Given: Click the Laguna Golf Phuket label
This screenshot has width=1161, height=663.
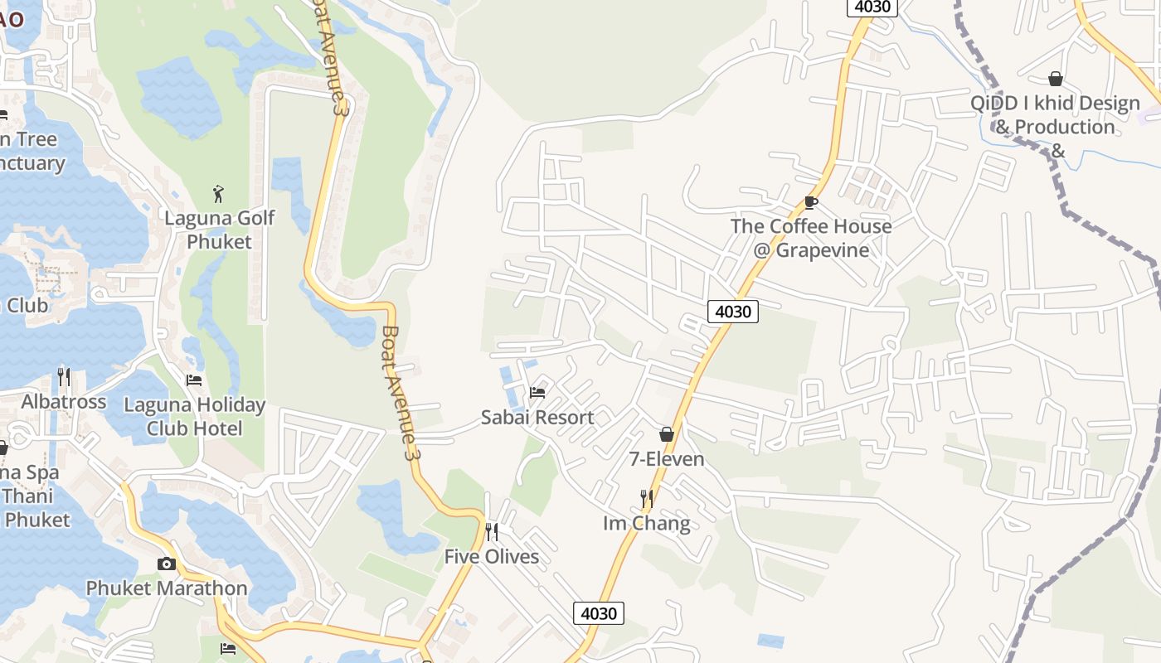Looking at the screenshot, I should [x=219, y=230].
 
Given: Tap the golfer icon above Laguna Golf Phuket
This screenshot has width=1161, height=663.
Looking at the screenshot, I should [x=218, y=194].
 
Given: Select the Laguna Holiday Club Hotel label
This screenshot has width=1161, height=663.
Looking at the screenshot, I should [x=194, y=417].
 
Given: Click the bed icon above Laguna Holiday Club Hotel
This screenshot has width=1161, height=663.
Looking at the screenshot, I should [x=194, y=380].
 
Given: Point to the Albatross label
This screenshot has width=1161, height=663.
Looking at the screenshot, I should [x=64, y=402].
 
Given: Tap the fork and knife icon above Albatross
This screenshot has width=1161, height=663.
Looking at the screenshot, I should [x=64, y=377].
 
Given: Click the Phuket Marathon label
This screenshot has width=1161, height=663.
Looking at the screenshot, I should [x=167, y=588].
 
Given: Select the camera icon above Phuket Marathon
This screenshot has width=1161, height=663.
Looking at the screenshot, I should [x=167, y=564].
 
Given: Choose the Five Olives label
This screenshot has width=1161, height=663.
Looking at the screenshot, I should [x=492, y=557].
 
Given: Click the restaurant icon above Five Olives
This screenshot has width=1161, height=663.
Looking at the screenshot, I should [x=492, y=531].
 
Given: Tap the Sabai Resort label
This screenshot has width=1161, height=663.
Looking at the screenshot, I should [x=537, y=418].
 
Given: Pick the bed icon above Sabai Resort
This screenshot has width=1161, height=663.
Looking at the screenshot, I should [x=537, y=392].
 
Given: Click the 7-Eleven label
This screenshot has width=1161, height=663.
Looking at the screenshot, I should [x=667, y=459].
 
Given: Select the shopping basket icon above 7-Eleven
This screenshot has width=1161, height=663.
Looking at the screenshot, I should [x=667, y=434].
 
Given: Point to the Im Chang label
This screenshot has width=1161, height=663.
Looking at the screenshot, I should [x=647, y=524].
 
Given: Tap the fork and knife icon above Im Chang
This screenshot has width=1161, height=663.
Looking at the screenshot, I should [x=647, y=498].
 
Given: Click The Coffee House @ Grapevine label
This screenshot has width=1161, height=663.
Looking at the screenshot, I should [x=811, y=238].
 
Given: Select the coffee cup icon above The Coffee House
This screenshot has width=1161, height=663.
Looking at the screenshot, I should [x=811, y=202].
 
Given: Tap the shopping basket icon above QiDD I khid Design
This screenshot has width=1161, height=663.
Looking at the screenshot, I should [x=1056, y=79].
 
